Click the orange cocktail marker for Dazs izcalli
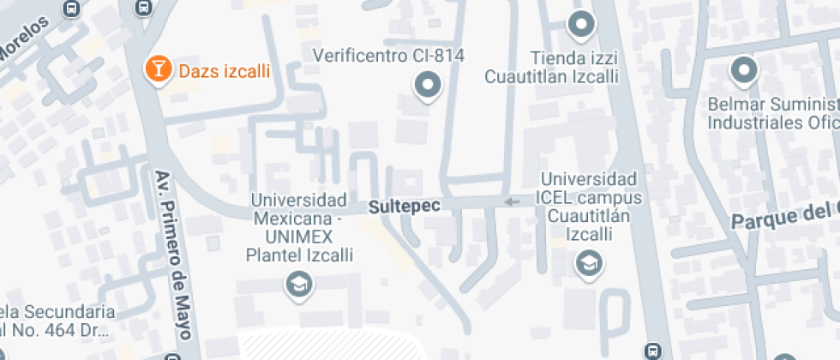158,70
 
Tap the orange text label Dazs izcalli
224,71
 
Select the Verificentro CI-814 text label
387,56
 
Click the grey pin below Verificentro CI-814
427,86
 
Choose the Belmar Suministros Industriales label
771,113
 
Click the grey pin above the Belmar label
742,71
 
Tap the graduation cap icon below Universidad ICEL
590,264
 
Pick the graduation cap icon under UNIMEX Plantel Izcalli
298,285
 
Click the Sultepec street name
399,207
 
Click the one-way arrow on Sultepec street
512,202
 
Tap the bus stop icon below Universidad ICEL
653,350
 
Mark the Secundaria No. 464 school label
57,320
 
